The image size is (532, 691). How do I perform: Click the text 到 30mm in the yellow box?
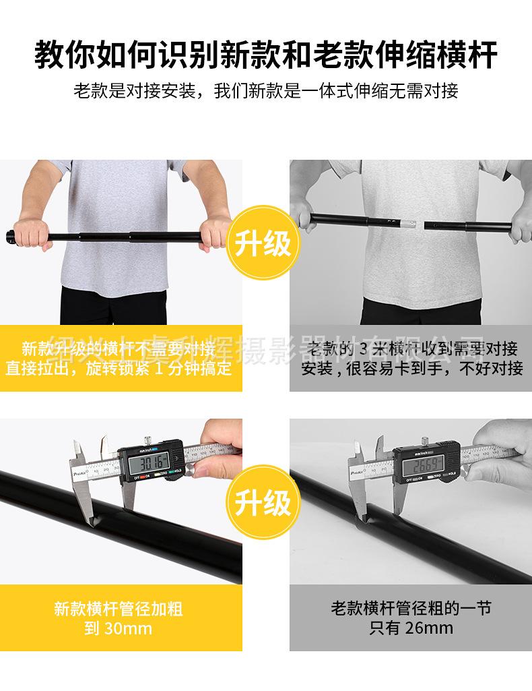coord(119,630)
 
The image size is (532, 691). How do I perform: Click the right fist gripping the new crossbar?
coord(215,233)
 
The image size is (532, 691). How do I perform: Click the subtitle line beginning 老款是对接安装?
coord(265,91)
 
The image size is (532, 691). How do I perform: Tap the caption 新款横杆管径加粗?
coord(119,609)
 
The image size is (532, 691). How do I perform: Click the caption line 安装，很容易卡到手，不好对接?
coord(411,369)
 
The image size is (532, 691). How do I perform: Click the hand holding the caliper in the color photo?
coord(221,448)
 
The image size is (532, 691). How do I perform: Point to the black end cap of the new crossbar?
coord(9,237)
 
